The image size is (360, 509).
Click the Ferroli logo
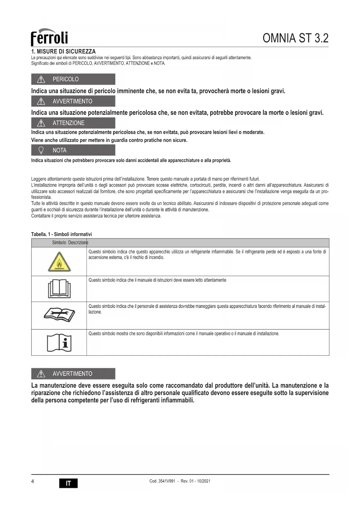(x=49, y=37)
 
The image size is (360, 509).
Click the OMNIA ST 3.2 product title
(x=295, y=38)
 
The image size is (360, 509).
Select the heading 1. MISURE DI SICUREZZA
(x=63, y=51)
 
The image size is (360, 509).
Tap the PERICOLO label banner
(x=73, y=79)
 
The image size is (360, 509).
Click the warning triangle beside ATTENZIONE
(x=41, y=123)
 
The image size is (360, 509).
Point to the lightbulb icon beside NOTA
(x=41, y=150)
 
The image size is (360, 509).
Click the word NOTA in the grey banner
(x=59, y=150)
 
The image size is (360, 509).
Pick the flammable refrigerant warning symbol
(x=59, y=262)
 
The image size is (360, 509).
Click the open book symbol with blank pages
(x=59, y=289)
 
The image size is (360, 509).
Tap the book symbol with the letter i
(x=59, y=343)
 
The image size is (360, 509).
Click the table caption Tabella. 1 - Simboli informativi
(x=61, y=234)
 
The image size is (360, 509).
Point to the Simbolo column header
(x=59, y=243)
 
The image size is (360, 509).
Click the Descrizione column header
(x=78, y=243)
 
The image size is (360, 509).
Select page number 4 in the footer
(x=32, y=481)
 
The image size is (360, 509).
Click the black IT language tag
(x=68, y=483)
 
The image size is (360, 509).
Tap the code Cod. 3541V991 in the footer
(x=162, y=481)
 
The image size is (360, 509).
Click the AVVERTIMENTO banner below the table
(x=73, y=374)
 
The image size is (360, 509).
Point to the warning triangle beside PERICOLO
(x=41, y=79)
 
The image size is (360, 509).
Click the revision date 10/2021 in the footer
(x=204, y=481)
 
